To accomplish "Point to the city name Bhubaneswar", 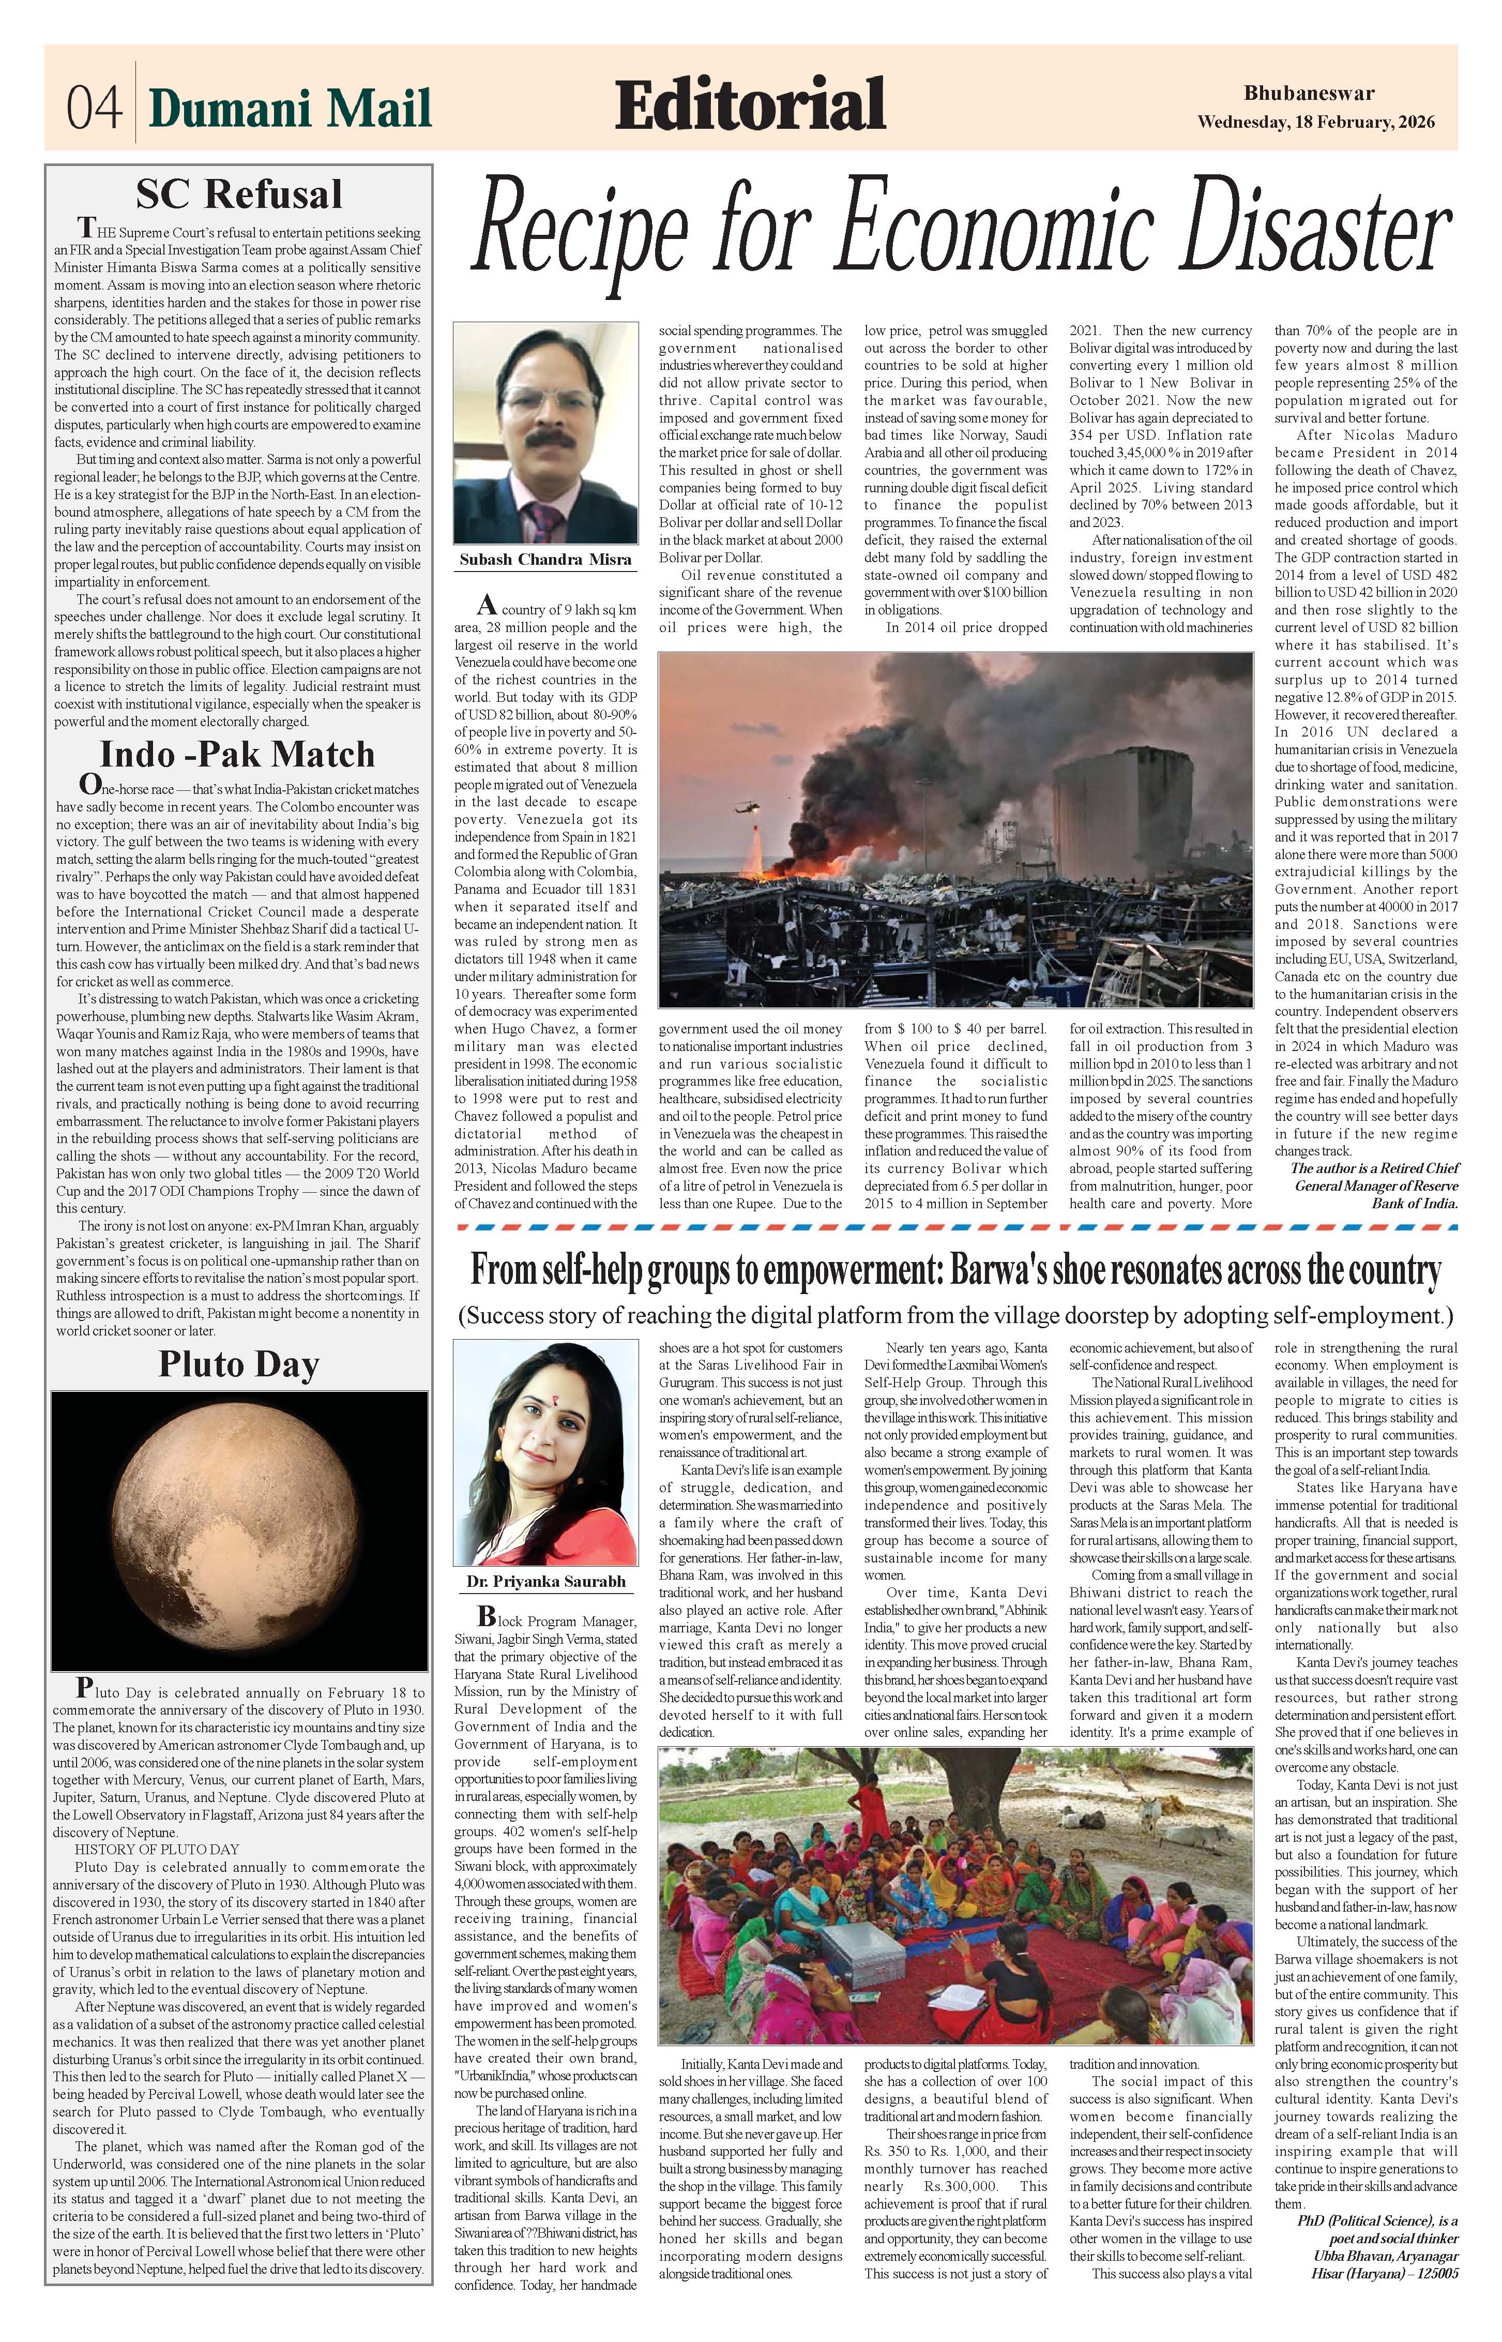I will click(x=1308, y=94).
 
